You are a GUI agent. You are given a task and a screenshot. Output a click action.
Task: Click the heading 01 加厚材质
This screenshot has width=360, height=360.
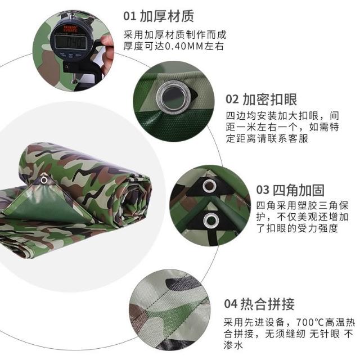(159, 16)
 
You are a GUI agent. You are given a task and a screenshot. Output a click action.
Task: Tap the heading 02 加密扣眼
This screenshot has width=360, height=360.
(261, 99)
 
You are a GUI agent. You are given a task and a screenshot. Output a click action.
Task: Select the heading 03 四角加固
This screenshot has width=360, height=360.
(290, 190)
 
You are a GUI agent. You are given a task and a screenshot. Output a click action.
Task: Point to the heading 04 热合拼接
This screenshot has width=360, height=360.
(259, 304)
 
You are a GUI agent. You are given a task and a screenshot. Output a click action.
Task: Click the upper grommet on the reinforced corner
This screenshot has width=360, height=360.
(209, 186)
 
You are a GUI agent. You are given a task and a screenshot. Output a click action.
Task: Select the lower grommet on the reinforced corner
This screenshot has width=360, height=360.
(211, 220)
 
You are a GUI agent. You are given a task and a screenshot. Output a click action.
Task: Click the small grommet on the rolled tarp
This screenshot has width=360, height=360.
(44, 179)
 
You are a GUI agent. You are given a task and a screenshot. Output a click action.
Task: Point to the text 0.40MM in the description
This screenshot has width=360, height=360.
(184, 46)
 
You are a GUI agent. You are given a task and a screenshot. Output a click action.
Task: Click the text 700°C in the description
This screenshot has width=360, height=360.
(310, 322)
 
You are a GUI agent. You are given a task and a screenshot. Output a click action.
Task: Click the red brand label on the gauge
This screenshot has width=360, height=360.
(71, 29)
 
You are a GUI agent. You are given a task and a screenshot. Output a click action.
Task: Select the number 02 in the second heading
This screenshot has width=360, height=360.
(232, 100)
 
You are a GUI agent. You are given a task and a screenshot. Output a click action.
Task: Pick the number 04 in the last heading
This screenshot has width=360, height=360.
(231, 304)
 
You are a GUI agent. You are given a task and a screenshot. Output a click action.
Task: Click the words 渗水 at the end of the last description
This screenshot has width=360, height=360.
(233, 345)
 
